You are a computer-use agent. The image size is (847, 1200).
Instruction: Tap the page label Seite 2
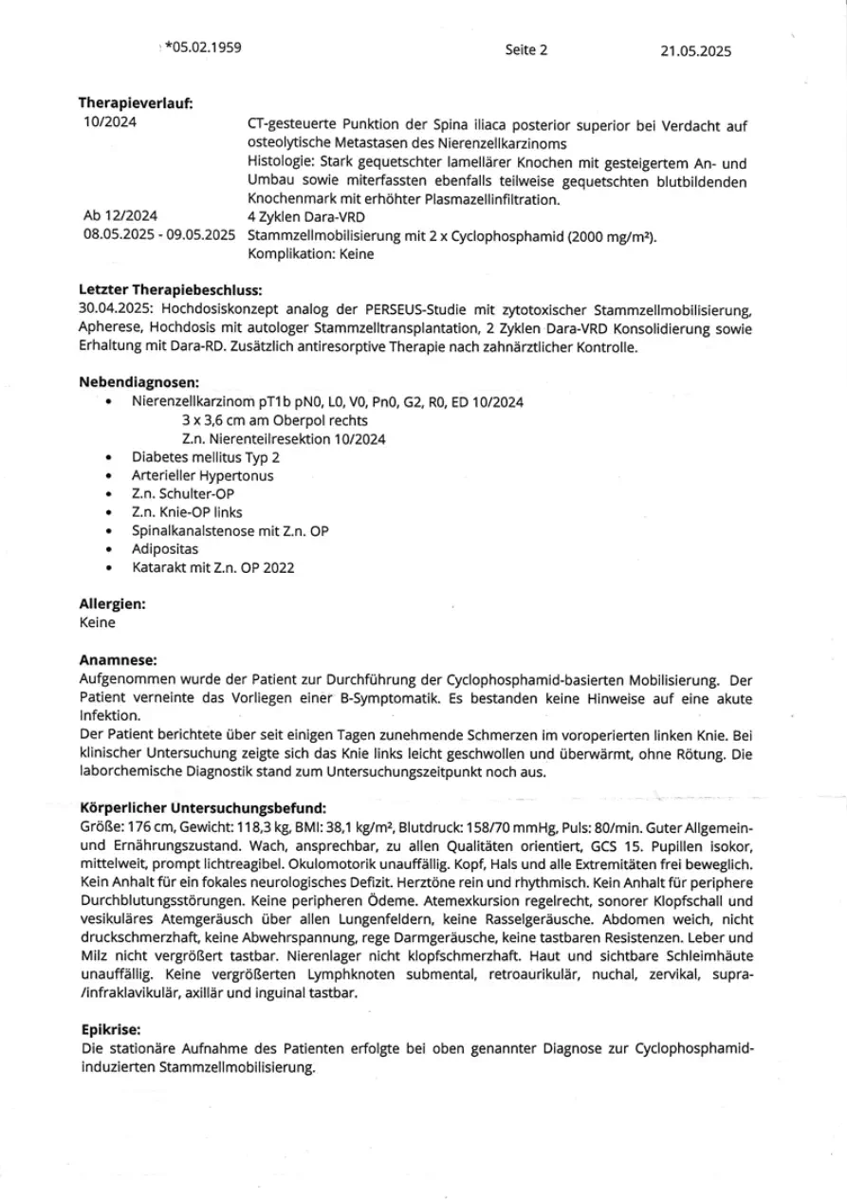coord(526,51)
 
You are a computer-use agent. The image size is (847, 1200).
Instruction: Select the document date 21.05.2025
coord(696,52)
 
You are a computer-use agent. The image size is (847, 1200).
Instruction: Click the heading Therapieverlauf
coord(136,104)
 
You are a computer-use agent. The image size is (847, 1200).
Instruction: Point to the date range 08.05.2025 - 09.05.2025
coord(159,235)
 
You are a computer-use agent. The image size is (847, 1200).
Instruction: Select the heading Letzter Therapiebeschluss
coord(170,288)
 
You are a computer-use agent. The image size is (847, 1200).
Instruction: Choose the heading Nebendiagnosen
coord(138,382)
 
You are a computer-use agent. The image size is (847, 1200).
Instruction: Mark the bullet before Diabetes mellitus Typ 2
coord(111,457)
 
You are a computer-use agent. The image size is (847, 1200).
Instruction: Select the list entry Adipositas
coord(166,548)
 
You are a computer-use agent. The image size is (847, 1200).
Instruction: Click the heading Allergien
coord(112,603)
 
